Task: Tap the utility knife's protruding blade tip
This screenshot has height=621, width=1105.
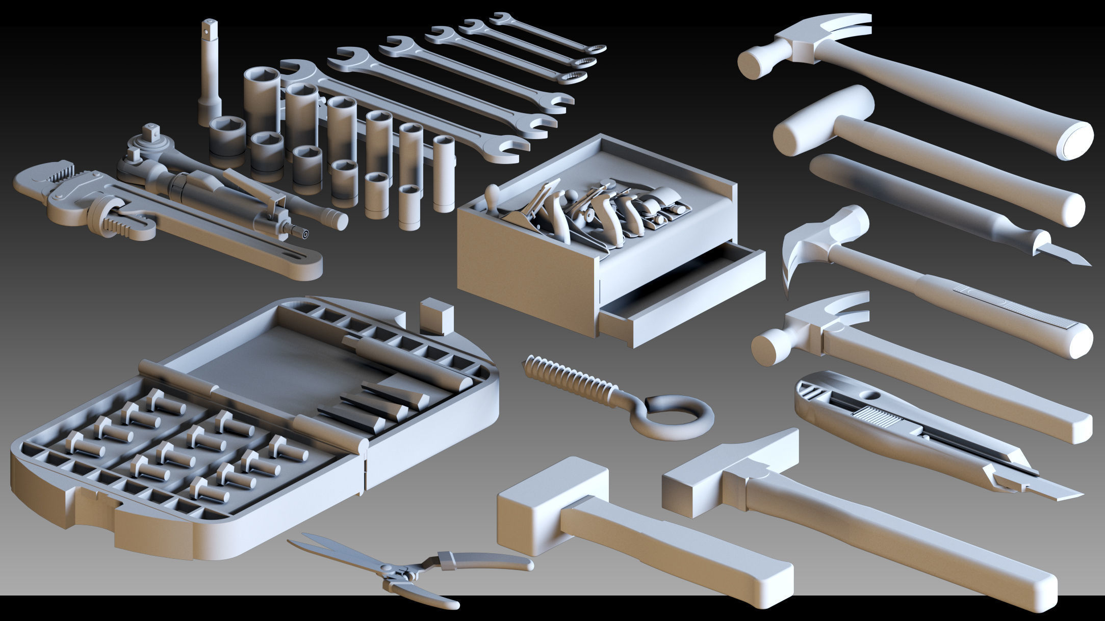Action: coord(1061,493)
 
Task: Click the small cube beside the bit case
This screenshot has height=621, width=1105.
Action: coord(436,317)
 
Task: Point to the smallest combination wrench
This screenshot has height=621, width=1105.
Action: coord(548,33)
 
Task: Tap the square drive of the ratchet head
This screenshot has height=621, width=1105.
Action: coord(151,131)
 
